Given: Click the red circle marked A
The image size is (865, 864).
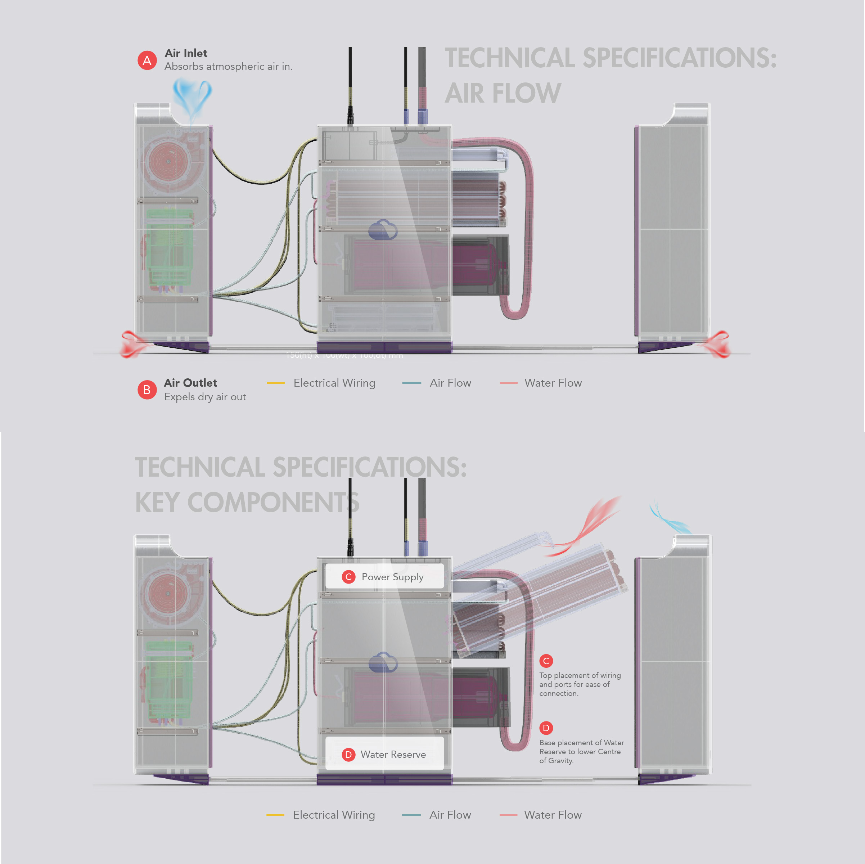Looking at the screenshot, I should (147, 60).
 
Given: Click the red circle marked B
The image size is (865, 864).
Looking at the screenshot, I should (147, 390).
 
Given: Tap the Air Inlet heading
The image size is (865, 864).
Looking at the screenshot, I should (186, 53).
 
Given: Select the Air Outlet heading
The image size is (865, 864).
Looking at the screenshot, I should (190, 383).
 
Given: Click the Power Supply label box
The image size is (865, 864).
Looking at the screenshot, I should (384, 577).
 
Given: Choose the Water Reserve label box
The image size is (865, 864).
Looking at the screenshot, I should (384, 754).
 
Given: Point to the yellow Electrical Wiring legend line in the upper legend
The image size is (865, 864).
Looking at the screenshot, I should (276, 383).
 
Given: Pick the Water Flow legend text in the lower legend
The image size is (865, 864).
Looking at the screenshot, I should (553, 815).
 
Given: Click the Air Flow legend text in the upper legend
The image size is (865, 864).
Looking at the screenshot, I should (450, 383).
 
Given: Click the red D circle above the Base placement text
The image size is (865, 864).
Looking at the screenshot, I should (546, 728).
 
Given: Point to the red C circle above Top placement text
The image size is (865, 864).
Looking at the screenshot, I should (546, 661).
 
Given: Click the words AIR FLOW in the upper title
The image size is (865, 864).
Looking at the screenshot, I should (503, 93).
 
